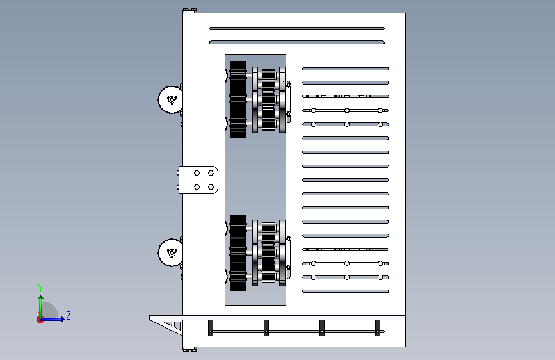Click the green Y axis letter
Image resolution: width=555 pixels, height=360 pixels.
40,288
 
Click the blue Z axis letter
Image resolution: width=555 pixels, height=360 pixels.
68,315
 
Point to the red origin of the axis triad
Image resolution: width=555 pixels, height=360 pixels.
40,320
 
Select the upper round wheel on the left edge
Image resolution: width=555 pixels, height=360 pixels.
171,100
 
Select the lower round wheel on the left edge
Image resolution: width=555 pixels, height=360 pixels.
171,252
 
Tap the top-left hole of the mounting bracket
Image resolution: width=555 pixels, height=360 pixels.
197,173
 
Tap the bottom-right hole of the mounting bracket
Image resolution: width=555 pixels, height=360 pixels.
211,187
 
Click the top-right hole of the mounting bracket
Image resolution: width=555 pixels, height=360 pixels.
211,173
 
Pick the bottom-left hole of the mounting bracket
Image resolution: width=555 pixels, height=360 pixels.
197,187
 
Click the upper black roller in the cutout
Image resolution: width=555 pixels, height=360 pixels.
238,100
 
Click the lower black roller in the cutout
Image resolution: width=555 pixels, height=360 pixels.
238,253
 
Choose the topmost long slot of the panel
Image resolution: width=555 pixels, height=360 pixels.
297,28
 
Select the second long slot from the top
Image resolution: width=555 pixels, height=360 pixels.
297,42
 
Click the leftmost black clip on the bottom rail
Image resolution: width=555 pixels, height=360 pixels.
211,328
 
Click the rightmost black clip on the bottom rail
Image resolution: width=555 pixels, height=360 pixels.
378,328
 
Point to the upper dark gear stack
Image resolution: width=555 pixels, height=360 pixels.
269,100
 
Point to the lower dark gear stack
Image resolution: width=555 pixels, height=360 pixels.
269,253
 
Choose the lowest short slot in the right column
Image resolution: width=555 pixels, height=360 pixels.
346,291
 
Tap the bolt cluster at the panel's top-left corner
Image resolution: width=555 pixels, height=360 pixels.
190,11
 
